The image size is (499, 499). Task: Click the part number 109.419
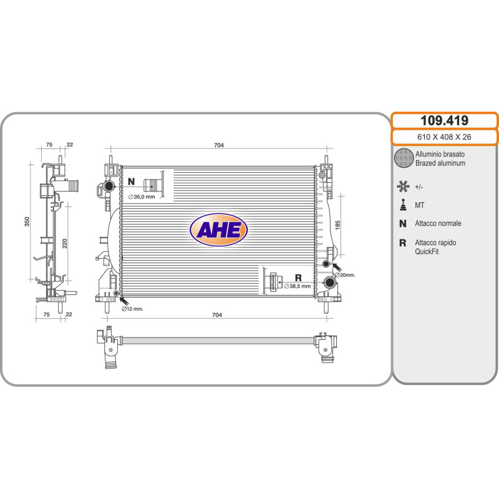[444, 120]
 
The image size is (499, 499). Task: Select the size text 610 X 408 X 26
[444, 137]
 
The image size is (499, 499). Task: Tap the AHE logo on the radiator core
[219, 230]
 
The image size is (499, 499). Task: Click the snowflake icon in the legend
[403, 187]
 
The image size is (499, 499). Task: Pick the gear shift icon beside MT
[403, 205]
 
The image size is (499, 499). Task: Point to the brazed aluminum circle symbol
[404, 158]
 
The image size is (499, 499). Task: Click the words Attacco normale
[438, 223]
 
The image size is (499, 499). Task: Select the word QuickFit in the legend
[427, 251]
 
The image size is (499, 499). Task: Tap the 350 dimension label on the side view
[27, 221]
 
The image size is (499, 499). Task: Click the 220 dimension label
[65, 243]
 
